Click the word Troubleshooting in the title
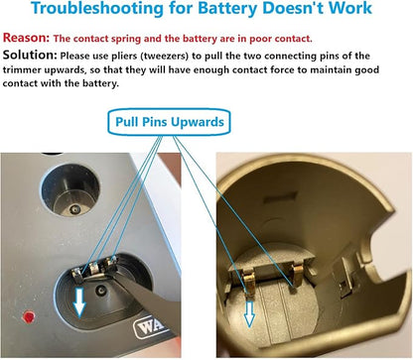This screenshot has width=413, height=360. click(x=97, y=8)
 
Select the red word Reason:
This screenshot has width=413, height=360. click(x=26, y=38)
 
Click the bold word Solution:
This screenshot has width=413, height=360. click(x=30, y=55)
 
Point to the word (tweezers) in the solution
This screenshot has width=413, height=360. click(x=165, y=56)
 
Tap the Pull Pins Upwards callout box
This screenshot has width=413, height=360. click(x=169, y=122)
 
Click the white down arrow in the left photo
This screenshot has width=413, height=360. click(x=79, y=301)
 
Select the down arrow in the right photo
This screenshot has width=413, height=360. click(x=249, y=313)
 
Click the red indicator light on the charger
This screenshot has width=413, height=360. click(x=29, y=316)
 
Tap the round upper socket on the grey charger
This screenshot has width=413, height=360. click(x=69, y=190)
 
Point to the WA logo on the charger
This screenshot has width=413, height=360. click(x=150, y=326)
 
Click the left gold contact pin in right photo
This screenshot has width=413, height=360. click(x=248, y=282)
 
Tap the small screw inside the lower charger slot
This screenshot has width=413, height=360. click(x=100, y=291)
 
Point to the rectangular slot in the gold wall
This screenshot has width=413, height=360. click(x=275, y=198)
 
